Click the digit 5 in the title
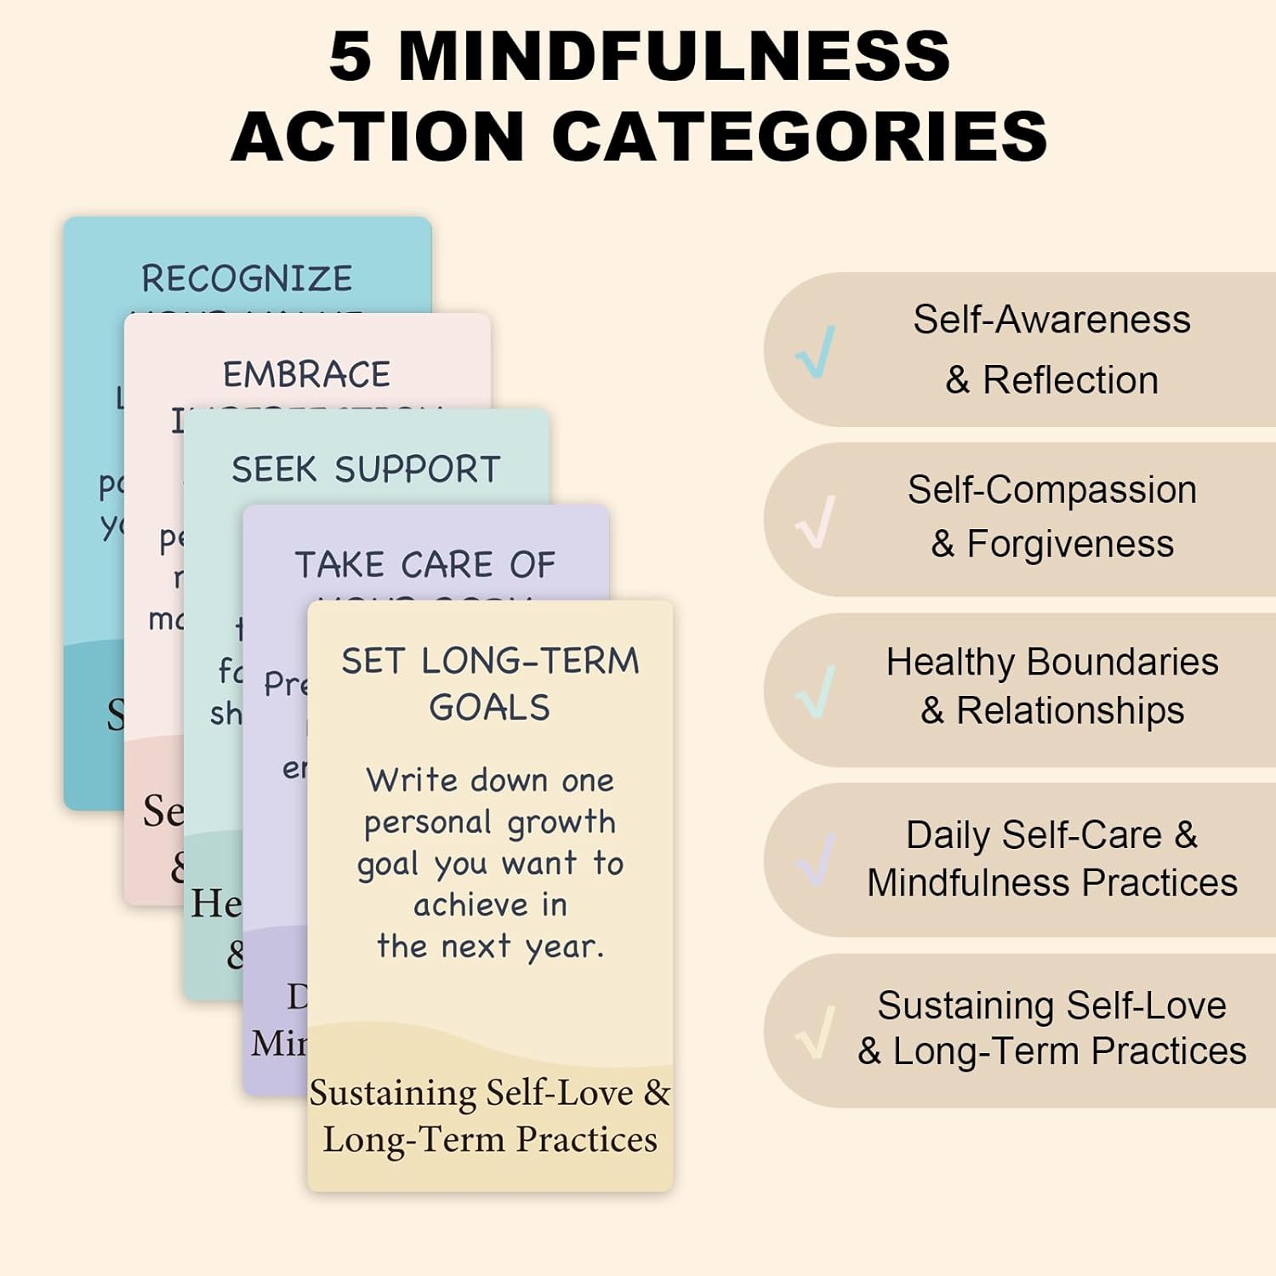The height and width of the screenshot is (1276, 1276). [350, 56]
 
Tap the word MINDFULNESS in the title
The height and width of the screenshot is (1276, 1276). [674, 56]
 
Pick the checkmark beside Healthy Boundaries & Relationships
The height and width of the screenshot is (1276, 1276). [815, 692]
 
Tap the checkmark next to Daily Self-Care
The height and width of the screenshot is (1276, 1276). [815, 861]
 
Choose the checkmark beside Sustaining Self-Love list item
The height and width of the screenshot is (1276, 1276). [815, 1032]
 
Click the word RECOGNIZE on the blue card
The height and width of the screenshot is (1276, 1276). [247, 279]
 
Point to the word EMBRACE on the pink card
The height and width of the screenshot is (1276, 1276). [306, 374]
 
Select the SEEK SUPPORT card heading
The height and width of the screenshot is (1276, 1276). [366, 470]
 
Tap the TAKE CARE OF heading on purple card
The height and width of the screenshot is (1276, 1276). [424, 565]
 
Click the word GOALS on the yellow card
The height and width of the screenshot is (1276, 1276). [490, 708]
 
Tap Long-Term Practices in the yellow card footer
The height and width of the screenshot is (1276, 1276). [490, 1139]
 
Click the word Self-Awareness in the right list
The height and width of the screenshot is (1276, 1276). [1051, 320]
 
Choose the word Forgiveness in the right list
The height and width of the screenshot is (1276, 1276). [1070, 544]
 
